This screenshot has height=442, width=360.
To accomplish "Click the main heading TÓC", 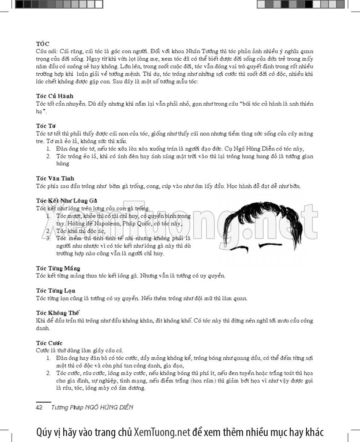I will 43,44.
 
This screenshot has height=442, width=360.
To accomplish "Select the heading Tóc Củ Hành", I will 54,96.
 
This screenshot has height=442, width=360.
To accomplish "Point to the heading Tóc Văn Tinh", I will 55,178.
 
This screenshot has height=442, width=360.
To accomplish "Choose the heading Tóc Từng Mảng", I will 58,268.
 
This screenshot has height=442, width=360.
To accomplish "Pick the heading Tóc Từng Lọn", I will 56,291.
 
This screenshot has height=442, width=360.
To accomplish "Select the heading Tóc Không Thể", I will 58,313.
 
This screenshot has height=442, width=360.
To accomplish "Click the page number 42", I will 39,407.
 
